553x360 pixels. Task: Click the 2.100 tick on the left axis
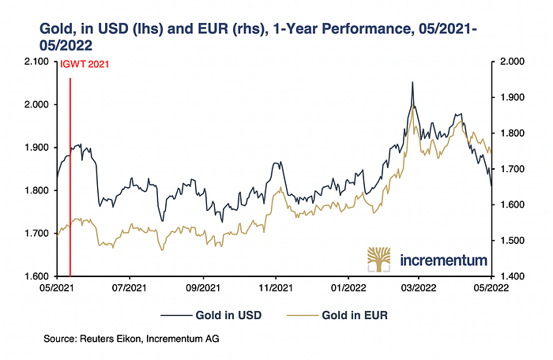coord(36,62)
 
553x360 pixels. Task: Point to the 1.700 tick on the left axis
coord(36,234)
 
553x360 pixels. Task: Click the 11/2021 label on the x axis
coord(275,289)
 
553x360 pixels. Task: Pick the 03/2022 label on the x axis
coord(419,289)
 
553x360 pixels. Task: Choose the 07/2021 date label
coord(130,289)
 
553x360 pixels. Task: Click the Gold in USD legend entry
coord(228,315)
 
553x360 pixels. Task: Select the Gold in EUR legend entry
coord(355,315)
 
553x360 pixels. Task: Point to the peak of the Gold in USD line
coord(412,82)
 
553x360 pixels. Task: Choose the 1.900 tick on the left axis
coord(36,148)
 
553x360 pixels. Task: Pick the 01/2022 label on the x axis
coord(347,289)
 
